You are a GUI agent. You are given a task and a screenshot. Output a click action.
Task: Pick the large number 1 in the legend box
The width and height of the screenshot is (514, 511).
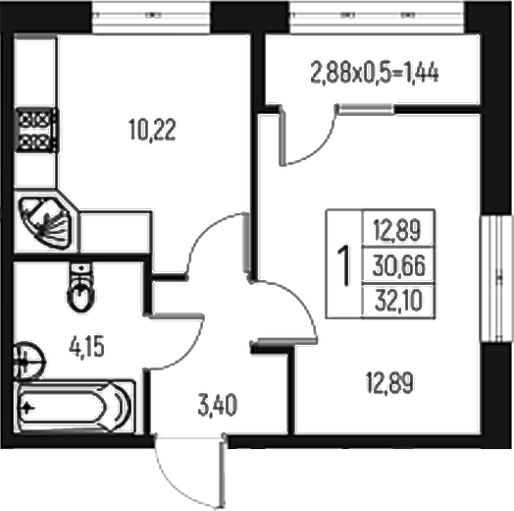(x=344, y=264)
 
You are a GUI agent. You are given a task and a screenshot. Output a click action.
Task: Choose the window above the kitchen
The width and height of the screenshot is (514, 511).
(x=151, y=16)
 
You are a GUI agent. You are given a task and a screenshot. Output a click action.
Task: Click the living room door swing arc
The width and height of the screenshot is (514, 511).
(x=276, y=305)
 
